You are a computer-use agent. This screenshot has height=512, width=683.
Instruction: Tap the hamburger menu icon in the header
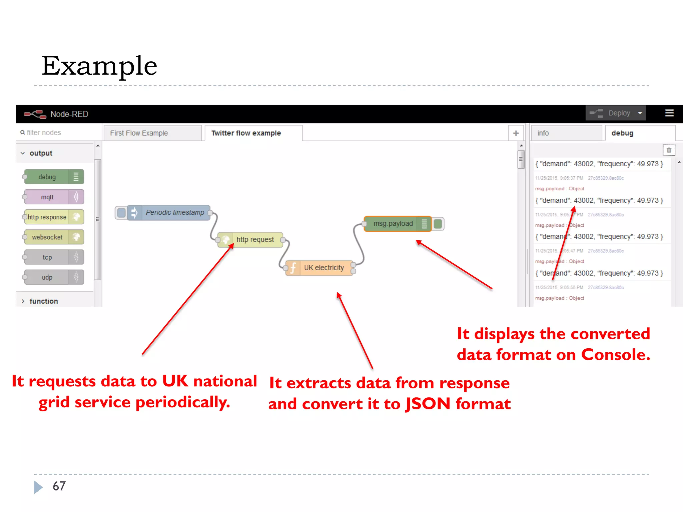[669, 113]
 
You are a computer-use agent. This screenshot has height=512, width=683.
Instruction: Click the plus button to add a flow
[516, 133]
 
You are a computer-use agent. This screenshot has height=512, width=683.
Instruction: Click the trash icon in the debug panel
[669, 150]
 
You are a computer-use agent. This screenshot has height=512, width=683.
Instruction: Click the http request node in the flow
[255, 240]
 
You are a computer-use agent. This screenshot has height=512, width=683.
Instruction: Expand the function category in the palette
[43, 301]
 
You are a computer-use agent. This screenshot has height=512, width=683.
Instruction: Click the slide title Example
[99, 66]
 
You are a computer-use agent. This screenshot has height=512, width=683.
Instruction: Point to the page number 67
[59, 486]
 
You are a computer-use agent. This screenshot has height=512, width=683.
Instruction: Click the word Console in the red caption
[615, 355]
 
